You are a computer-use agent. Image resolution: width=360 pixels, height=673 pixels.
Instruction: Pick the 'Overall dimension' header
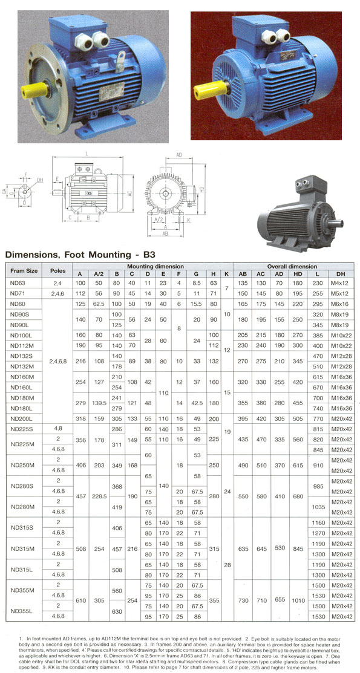pos(293,266)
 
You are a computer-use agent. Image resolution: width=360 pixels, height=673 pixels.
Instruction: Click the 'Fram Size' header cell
pos(24,270)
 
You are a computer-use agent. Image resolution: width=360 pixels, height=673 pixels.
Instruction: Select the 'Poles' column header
pos(57,270)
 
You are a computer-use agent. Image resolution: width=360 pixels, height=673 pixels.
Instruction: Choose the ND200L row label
pos(21,418)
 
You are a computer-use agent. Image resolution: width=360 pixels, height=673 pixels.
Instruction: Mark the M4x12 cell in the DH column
pos(341,282)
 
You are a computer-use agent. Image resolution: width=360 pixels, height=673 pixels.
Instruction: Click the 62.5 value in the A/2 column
pos(99,303)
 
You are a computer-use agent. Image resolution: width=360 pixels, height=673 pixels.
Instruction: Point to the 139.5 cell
pos(99,402)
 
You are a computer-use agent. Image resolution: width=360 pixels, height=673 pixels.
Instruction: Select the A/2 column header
pos(99,274)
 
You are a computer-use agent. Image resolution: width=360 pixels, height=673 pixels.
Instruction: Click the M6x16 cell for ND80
pos(341,303)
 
